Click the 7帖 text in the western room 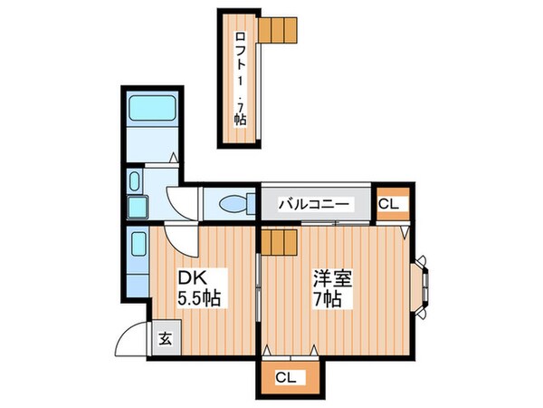click(x=327, y=300)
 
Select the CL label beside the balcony click(x=390, y=205)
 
